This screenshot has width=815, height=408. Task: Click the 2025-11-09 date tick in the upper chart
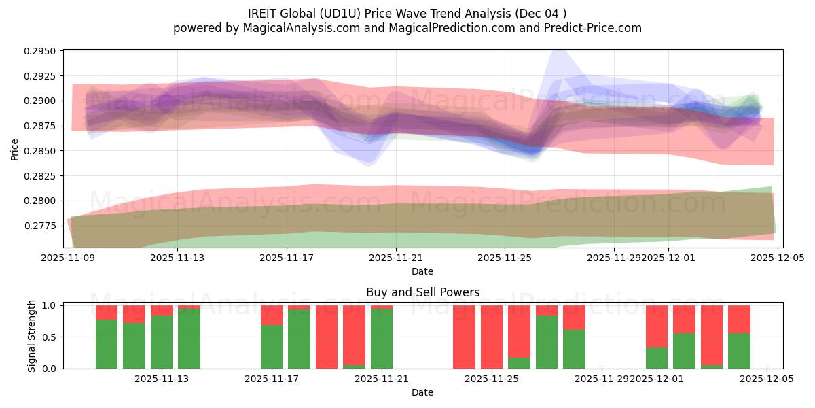pos(69,258)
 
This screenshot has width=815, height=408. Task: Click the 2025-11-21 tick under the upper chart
pos(396,258)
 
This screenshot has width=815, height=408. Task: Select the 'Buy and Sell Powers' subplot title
pos(422,292)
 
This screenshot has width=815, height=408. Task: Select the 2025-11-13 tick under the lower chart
pos(162,379)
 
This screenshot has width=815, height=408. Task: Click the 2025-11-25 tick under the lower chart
pos(492,379)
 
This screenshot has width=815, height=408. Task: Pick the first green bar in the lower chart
pos(107,343)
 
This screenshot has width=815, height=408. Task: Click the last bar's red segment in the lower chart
pos(739,319)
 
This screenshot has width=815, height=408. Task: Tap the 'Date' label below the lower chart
pos(422,392)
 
